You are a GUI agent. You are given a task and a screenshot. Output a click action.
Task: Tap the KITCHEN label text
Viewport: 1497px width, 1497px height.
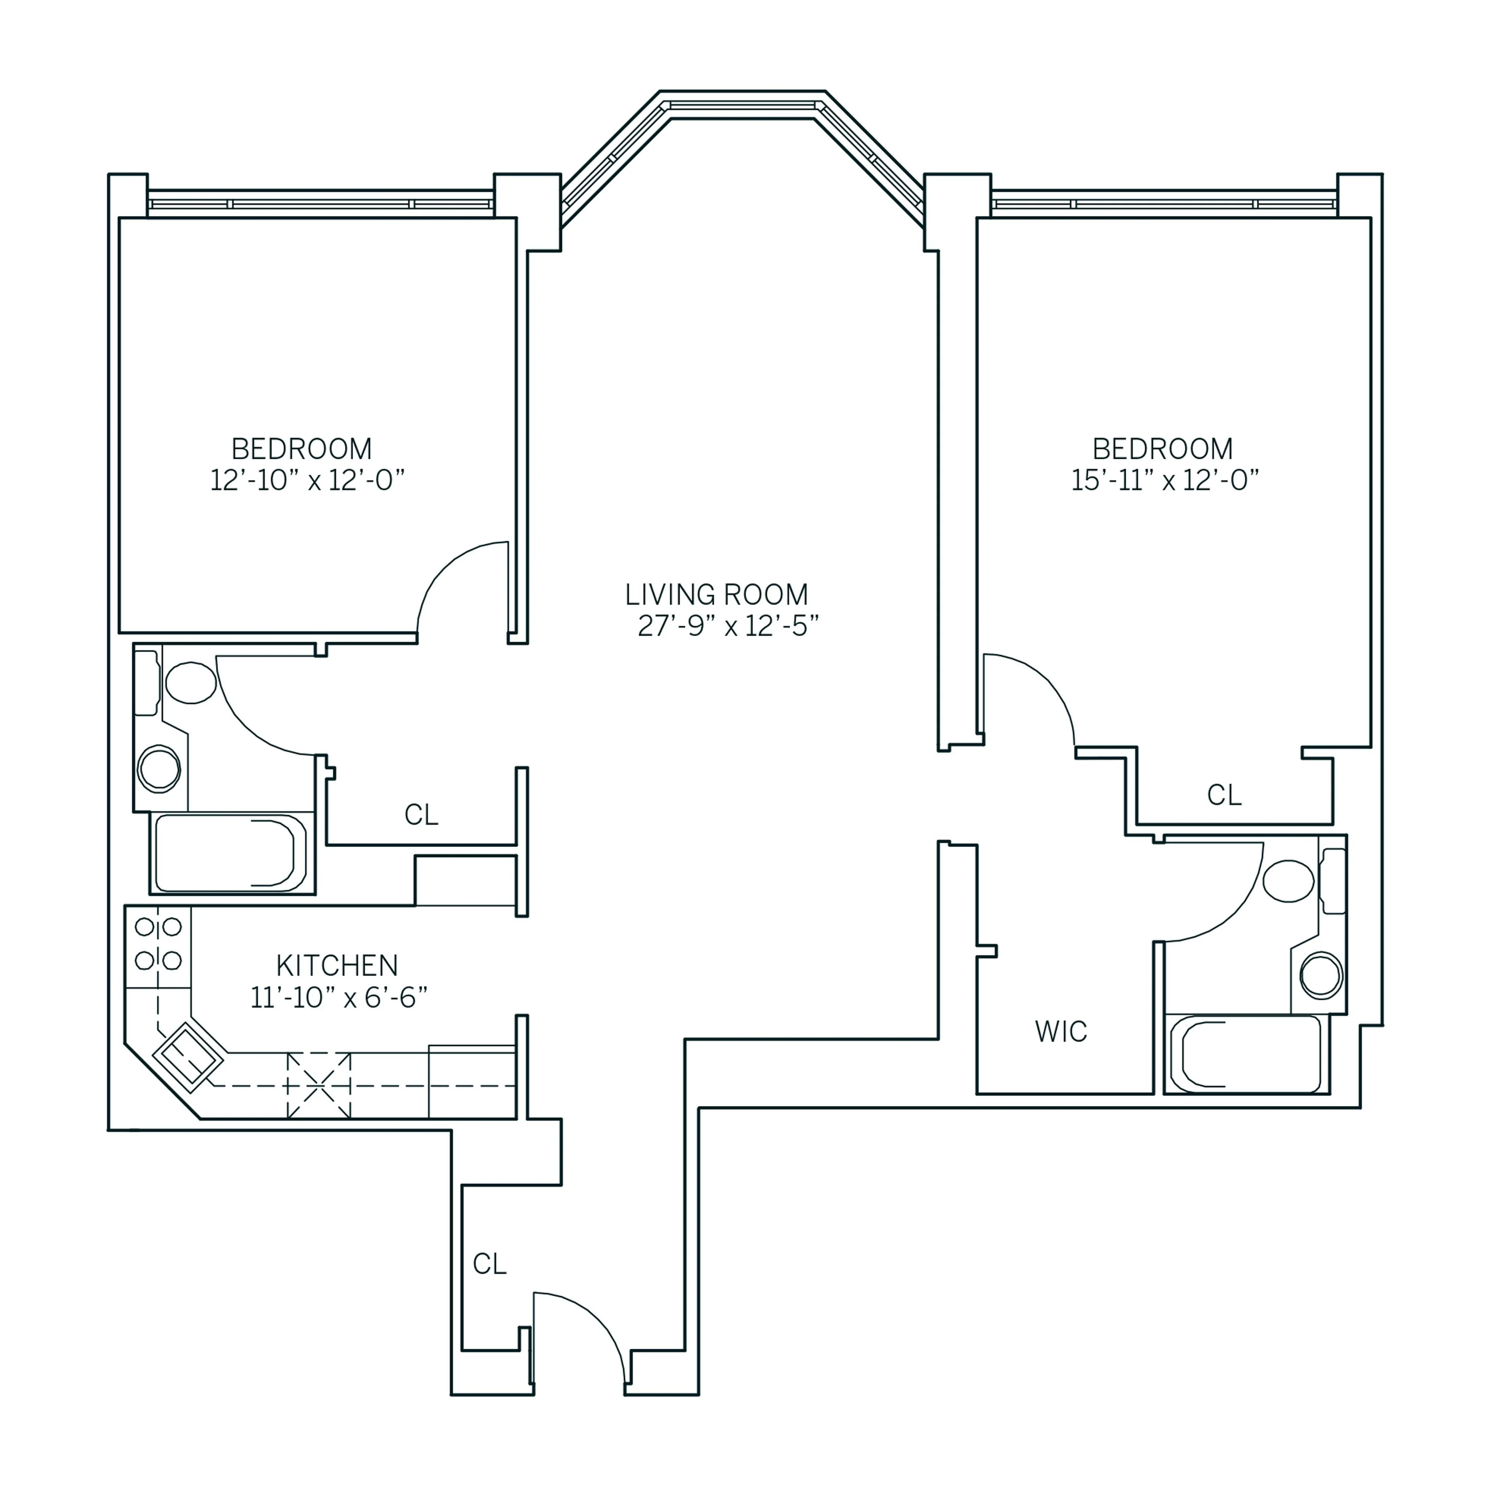[x=337, y=966]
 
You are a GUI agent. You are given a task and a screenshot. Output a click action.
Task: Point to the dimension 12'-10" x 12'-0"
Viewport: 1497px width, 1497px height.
[x=308, y=480]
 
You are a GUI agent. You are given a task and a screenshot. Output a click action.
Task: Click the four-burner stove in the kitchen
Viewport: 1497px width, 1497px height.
[x=158, y=944]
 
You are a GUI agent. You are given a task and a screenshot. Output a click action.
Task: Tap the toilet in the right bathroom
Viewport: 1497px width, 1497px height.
[x=1288, y=881]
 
